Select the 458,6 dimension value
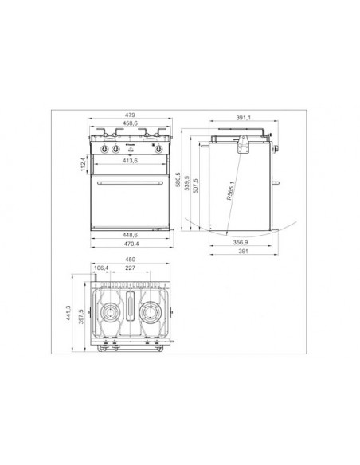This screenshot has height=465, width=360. [x=132, y=124]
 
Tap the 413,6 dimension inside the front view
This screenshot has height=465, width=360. [x=132, y=162]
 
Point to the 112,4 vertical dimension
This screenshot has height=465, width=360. [x=82, y=164]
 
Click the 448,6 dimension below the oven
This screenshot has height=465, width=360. [x=132, y=236]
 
